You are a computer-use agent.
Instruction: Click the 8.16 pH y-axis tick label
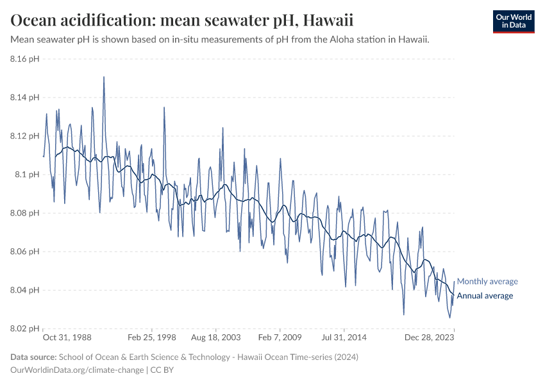click(x=25, y=59)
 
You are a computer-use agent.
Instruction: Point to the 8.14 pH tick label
click(x=25, y=98)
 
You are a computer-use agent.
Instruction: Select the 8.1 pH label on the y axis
click(x=28, y=175)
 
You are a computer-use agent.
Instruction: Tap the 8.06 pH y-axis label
click(x=25, y=252)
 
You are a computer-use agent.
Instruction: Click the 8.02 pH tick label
click(x=25, y=329)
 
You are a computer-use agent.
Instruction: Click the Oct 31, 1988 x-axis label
click(x=67, y=337)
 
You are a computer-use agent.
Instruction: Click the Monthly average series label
click(x=487, y=281)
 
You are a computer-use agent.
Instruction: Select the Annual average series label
click(x=485, y=296)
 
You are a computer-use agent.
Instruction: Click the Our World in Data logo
click(x=513, y=21)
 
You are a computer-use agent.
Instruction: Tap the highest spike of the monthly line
click(x=104, y=77)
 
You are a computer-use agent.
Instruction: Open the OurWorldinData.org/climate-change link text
click(x=78, y=370)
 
